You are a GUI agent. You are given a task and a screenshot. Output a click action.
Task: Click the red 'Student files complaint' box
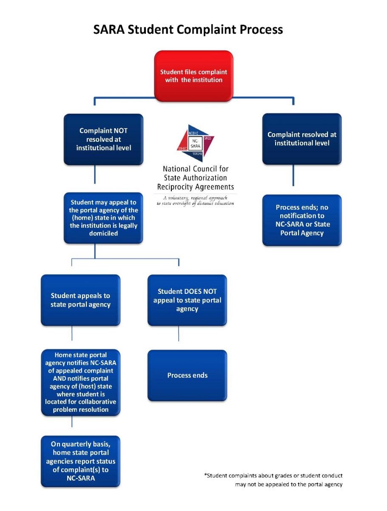pyautogui.click(x=193, y=76)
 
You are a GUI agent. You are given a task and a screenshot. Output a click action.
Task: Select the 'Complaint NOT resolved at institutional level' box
pyautogui.click(x=103, y=139)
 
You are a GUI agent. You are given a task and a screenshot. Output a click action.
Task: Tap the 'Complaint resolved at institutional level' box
pyautogui.click(x=302, y=139)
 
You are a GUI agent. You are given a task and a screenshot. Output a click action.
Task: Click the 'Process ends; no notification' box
pyautogui.click(x=302, y=220)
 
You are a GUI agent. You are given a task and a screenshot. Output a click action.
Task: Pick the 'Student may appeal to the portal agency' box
pyautogui.click(x=103, y=218)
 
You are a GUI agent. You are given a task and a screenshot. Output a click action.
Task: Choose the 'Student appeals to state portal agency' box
pyautogui.click(x=80, y=300)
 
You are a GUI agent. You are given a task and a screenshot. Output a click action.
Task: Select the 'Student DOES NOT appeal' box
pyautogui.click(x=187, y=300)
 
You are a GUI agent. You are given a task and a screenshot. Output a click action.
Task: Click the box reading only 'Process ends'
pyautogui.click(x=187, y=376)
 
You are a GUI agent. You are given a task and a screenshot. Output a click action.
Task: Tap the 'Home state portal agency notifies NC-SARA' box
pyautogui.click(x=80, y=382)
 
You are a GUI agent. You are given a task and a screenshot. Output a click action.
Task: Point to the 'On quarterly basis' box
pyautogui.click(x=80, y=461)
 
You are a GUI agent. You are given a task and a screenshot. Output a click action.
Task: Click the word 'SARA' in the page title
pyautogui.click(x=110, y=30)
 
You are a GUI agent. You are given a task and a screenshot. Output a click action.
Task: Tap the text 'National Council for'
pyautogui.click(x=195, y=169)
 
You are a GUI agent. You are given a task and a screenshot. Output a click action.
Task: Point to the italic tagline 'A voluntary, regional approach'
pyautogui.click(x=195, y=198)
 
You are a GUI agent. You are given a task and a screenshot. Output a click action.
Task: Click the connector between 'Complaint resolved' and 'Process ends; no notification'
pyautogui.click(x=293, y=175)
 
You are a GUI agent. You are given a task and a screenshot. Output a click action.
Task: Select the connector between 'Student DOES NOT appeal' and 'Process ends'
pyautogui.click(x=179, y=334)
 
